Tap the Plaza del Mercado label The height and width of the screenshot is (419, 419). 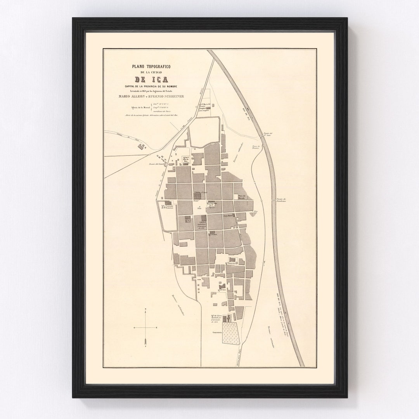(242, 197)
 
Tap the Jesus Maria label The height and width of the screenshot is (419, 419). (228, 215)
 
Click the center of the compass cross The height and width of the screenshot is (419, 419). (145, 328)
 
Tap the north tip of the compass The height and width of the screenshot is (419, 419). (145, 309)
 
